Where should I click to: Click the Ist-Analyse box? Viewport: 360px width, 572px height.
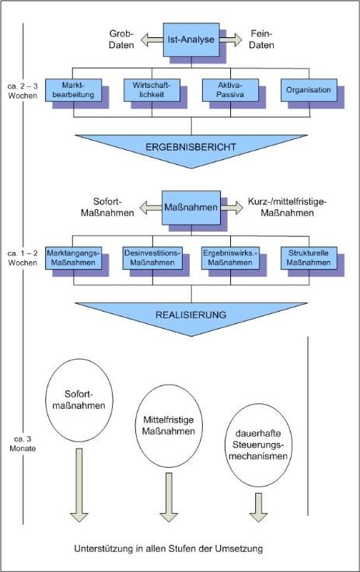point(191,40)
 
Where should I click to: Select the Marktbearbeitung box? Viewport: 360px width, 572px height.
point(73,90)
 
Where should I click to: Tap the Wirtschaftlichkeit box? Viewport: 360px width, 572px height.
point(152,90)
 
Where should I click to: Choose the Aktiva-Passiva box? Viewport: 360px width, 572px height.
point(230,90)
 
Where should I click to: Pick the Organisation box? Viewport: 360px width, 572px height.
point(309,90)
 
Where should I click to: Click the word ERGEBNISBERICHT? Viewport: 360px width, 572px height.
point(191,148)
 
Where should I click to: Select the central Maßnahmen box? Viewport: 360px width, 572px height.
point(191,208)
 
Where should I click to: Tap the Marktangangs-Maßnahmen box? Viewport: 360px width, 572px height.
point(73,258)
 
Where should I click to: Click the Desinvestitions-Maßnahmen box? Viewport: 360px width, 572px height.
point(152,258)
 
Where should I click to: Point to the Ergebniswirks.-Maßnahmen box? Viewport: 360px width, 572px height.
point(230,258)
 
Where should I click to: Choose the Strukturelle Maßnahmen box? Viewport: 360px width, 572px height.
point(309,258)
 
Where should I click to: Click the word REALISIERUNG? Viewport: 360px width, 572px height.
point(191,315)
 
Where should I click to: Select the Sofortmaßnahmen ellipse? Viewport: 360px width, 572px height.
point(79,400)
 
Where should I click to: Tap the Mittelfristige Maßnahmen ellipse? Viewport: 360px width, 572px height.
point(169,426)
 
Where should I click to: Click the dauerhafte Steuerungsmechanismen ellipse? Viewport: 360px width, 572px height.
point(258,445)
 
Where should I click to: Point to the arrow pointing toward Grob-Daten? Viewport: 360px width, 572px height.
point(152,40)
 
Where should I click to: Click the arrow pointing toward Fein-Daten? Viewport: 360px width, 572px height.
point(231,40)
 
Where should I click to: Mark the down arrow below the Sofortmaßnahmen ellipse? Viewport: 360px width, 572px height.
point(79,485)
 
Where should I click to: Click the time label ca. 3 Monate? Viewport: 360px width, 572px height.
point(23,444)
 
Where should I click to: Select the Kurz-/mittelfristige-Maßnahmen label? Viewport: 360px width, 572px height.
point(288,208)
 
